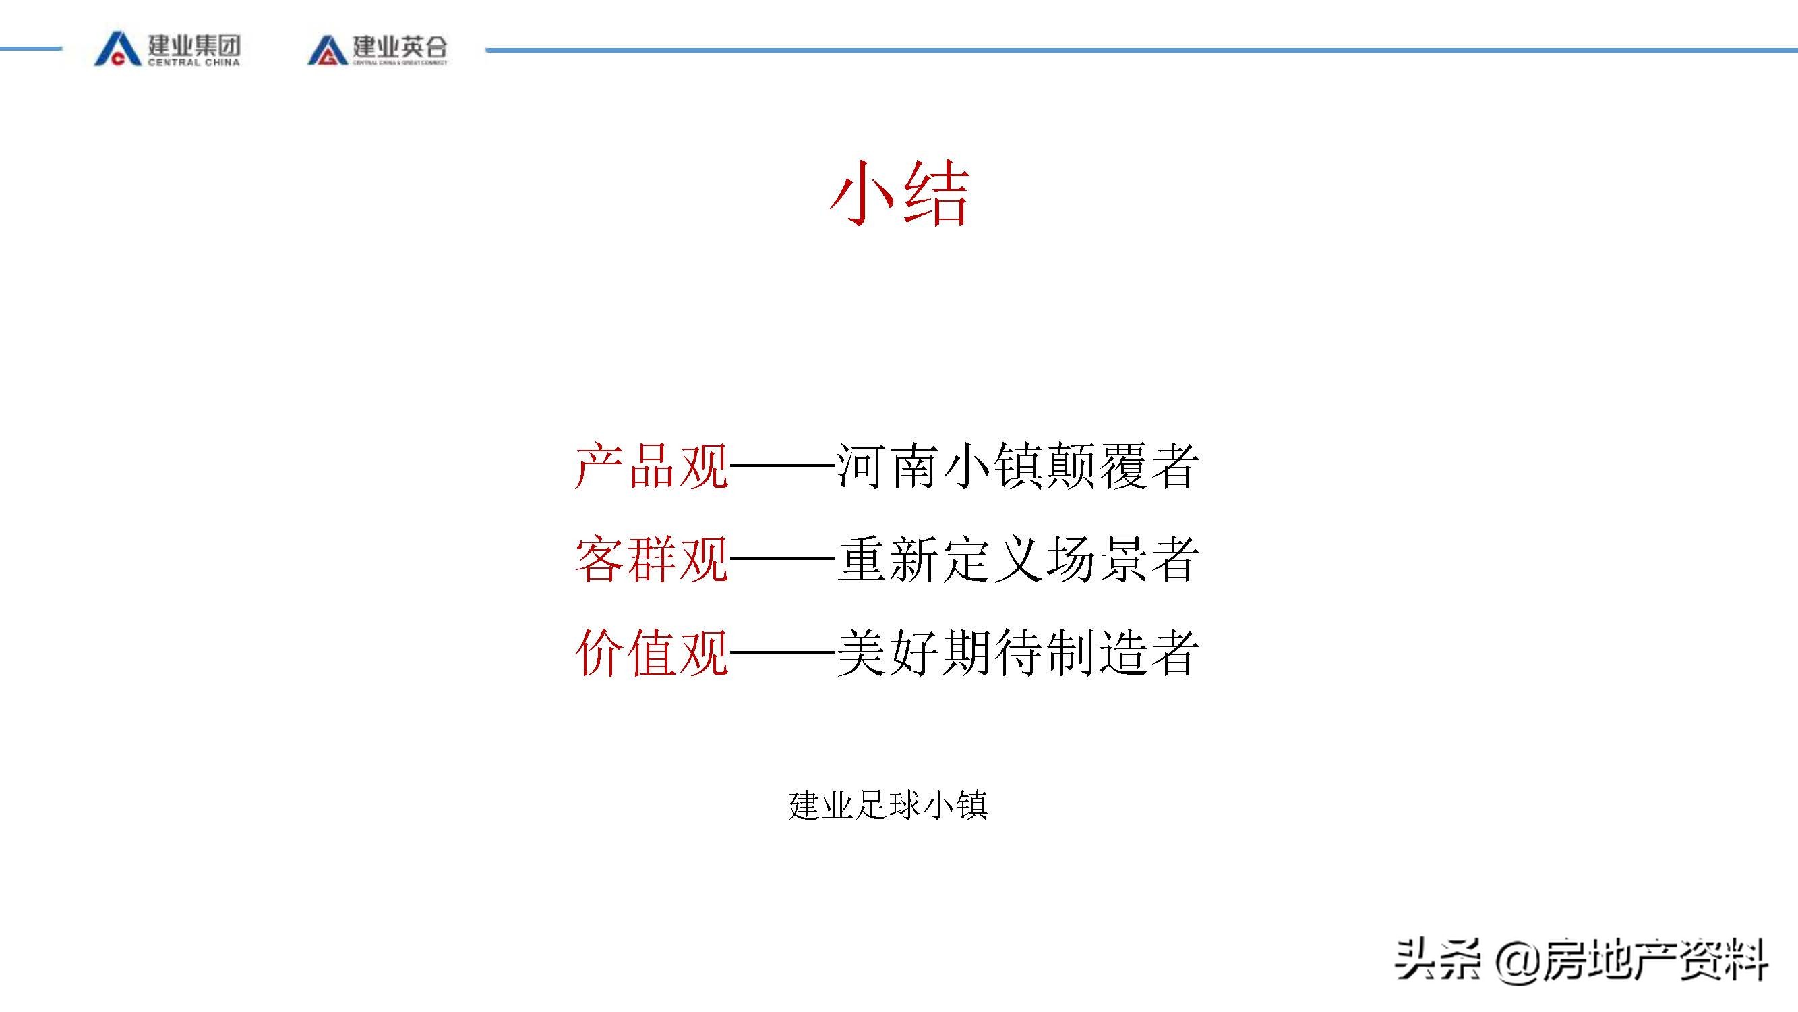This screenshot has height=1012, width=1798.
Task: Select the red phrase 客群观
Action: [x=651, y=559]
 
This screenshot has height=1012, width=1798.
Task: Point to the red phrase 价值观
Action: [x=651, y=653]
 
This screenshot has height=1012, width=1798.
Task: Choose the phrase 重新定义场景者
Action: [x=1018, y=559]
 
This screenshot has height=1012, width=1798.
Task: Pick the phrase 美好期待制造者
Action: [x=1018, y=653]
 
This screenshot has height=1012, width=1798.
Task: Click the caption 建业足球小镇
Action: [x=888, y=806]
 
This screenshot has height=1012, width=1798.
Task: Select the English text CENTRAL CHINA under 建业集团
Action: [x=193, y=63]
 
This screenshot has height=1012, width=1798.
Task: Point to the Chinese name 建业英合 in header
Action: [x=399, y=45]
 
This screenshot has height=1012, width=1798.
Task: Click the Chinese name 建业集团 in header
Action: [x=194, y=45]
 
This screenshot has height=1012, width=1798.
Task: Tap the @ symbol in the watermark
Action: [x=1518, y=961]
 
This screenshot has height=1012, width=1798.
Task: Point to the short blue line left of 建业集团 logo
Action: [x=31, y=49]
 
